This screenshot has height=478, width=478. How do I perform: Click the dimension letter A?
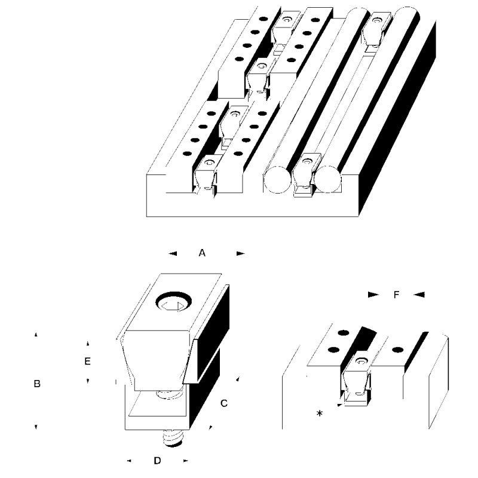202,253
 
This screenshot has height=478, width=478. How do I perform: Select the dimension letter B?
37,384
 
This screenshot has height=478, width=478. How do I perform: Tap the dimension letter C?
223,403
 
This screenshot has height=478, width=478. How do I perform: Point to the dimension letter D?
157,461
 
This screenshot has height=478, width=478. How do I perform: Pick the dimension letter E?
87,361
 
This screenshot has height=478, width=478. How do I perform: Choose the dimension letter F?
396,295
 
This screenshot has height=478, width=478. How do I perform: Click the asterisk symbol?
320,413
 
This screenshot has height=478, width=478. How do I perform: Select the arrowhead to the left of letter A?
173,254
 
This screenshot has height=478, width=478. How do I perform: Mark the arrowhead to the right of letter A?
240,254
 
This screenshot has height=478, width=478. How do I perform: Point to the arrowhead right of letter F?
419,295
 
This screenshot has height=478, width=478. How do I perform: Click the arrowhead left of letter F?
372,295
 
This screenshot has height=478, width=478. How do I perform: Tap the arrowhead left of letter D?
130,461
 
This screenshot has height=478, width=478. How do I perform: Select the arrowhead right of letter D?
186,461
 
